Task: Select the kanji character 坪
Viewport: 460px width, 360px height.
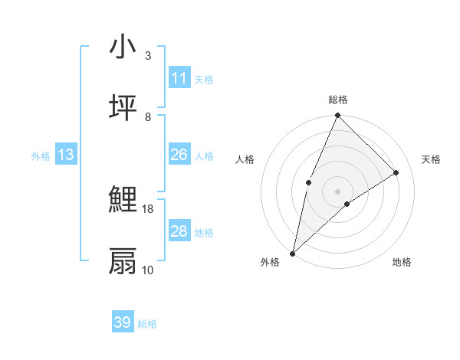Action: coord(123,108)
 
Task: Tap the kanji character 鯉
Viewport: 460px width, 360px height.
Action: coord(123,201)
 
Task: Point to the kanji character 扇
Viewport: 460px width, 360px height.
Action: coord(123,261)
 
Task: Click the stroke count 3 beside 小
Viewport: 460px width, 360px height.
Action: coord(148,56)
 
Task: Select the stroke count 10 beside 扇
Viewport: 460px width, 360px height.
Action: coord(148,270)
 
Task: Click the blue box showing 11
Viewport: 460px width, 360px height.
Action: coord(179,78)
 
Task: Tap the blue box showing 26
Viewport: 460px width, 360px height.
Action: coord(179,155)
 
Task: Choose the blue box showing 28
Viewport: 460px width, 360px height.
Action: coord(179,231)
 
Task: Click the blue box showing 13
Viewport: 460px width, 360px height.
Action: coord(66,155)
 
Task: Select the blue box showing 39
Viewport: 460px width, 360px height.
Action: coord(123,322)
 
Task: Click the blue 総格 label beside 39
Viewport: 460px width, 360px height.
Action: coord(147,324)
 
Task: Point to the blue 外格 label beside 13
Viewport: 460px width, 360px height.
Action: coord(41,156)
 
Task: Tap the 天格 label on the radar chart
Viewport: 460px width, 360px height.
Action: coord(432,159)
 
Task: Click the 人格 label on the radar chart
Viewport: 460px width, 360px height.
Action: coord(245,159)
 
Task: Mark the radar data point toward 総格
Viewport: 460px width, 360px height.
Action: coord(337,116)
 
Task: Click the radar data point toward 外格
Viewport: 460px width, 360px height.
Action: coord(292,253)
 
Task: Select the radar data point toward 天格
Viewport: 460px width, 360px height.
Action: coord(396,172)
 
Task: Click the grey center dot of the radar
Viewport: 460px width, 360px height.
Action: coord(337,191)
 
